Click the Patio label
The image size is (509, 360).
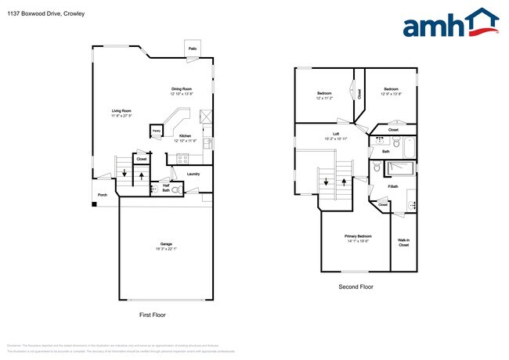192,49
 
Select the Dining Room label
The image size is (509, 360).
183,88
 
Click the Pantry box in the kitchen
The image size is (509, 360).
156,131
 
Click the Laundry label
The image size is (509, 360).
193,174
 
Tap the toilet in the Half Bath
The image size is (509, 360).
175,189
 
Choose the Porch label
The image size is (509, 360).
102,195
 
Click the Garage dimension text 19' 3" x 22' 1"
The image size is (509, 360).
166,249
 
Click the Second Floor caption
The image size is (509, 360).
356,287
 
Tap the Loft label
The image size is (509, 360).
336,134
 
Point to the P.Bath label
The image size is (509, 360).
393,186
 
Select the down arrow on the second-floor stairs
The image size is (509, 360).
323,182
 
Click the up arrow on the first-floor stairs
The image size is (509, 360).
141,175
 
